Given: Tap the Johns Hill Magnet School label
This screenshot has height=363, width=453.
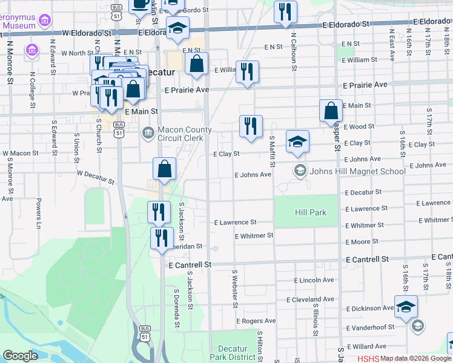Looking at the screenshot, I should tap(357, 171).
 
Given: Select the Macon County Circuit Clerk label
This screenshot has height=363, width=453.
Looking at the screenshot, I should tap(184, 134).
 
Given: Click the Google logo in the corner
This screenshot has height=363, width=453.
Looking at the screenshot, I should tap(20, 356).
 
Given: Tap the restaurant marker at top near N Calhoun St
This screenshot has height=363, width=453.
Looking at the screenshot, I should tap(285, 11).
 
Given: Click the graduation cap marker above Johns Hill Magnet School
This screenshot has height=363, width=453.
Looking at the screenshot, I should tap(297, 142).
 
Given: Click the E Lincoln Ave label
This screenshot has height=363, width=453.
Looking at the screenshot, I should tap(314, 280).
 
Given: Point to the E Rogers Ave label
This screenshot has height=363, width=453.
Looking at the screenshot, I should tap(256, 321).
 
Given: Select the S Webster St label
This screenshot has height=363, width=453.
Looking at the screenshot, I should tap(235, 287).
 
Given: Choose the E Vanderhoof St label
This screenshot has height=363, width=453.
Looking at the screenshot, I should tap(370, 327).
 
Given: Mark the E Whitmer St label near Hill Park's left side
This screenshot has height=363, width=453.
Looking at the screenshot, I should tap(254, 235).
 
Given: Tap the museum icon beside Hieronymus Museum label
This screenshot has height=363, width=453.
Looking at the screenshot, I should tap(43, 22).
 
